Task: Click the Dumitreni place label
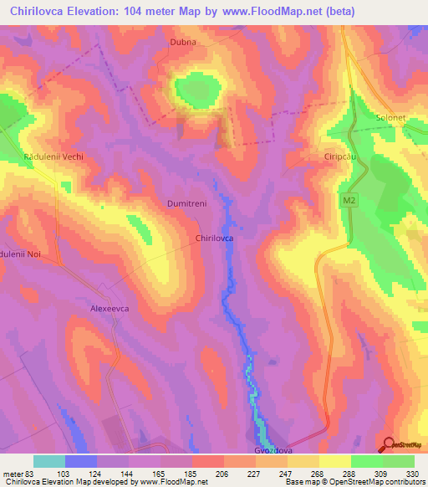tap(186, 203)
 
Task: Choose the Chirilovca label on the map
tap(214, 238)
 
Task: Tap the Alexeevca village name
tap(112, 309)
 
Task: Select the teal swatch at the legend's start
tap(49, 461)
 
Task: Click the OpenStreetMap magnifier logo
tap(388, 444)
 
